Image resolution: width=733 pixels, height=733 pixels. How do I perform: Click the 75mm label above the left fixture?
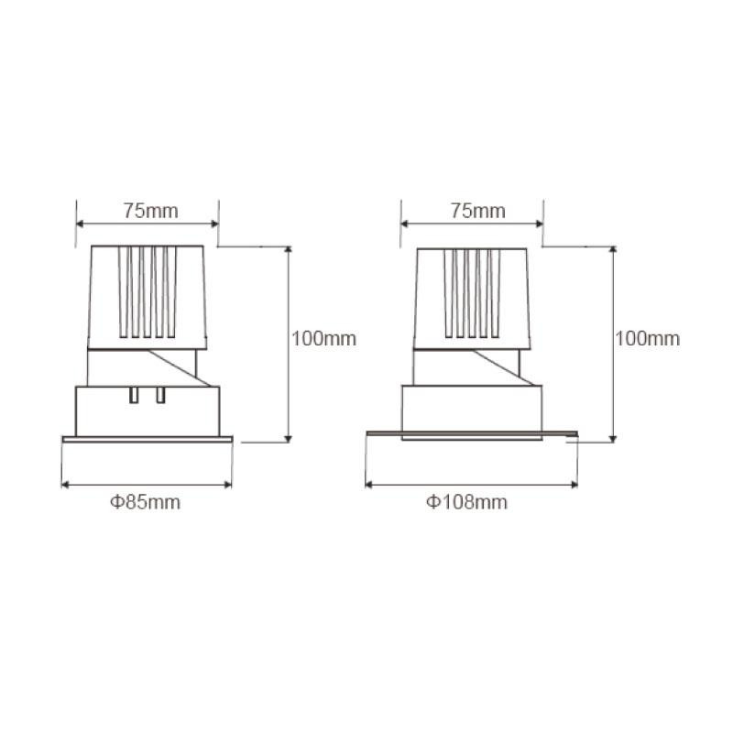150,211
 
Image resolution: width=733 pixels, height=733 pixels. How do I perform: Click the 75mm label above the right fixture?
477,211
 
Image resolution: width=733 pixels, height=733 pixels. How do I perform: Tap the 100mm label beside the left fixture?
324,338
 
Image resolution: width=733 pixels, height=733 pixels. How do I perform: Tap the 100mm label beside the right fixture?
648,338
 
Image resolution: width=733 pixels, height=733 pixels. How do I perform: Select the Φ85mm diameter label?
146,502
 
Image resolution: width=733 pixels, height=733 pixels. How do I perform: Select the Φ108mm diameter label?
466,502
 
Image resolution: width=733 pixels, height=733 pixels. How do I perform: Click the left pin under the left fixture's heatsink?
134,395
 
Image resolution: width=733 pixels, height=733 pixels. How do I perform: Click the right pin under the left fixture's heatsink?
160,395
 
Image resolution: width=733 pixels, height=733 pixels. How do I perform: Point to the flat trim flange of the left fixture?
148,440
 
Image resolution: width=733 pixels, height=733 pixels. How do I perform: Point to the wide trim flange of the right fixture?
472,434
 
